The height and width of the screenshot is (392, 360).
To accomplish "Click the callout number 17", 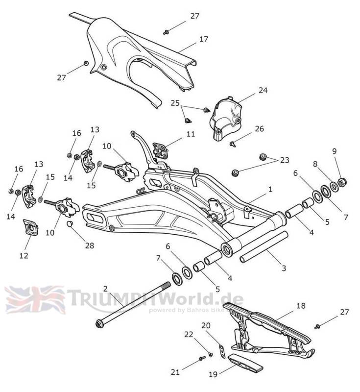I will pos(204,39).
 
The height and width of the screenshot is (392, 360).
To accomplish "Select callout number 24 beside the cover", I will pos(263,90).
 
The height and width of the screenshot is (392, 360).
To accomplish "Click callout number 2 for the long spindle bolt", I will pos(105,289).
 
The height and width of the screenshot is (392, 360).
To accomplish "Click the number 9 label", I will pos(335,151).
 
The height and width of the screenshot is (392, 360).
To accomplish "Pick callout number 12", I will pos(24,255).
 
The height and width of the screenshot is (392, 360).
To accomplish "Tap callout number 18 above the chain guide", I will pos(301,305).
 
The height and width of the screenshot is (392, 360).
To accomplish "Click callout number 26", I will pos(259,129).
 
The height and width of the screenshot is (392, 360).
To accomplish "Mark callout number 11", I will pos(191,134).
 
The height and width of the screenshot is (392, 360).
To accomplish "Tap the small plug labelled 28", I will pos(70,225).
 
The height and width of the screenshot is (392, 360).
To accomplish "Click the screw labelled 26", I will pos(232,144).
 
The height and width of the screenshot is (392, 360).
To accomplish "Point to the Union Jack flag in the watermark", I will pos(34,299).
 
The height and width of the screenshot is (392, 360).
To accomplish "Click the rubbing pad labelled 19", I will pos(248,363).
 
